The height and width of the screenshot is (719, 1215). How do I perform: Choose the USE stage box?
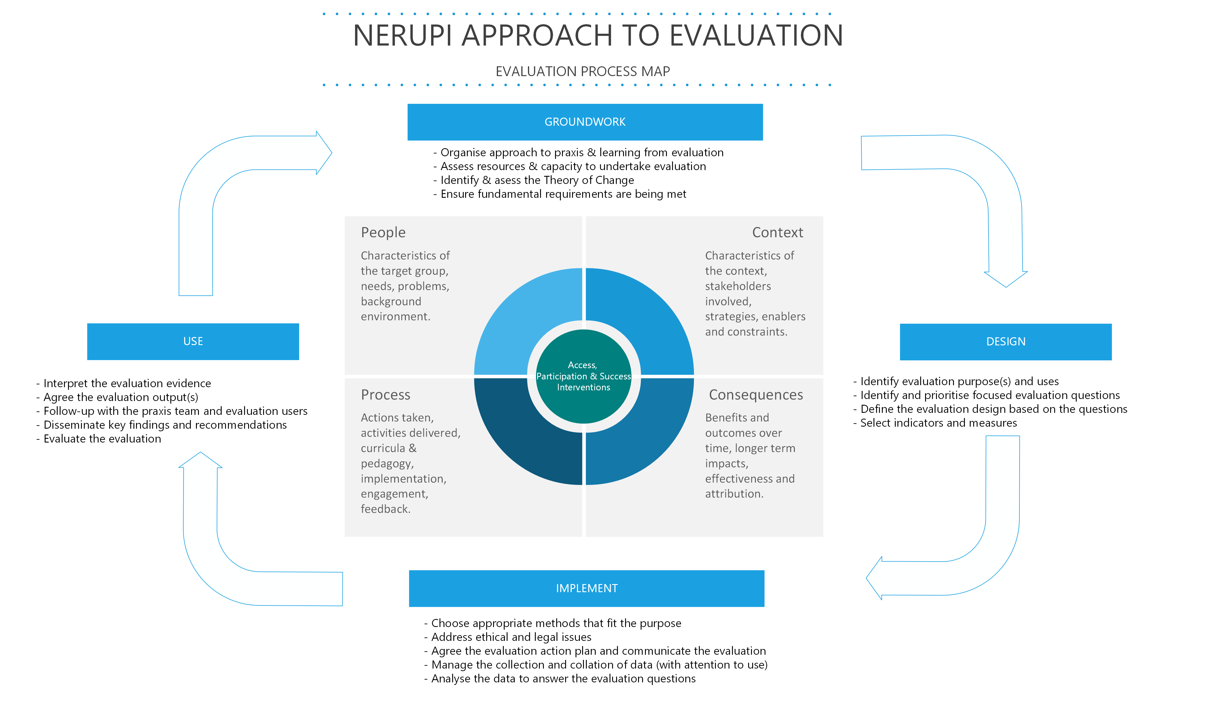coord(193,341)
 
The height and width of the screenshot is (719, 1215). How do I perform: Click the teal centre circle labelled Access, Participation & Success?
coord(584,377)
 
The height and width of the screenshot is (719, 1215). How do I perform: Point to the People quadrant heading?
coord(383,233)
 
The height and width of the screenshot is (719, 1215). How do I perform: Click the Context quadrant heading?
coord(777,233)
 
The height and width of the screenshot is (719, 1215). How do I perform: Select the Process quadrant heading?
coord(386,395)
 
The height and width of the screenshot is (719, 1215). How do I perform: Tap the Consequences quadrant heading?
coord(755,395)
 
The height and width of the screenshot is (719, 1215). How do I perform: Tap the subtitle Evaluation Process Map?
coord(582,72)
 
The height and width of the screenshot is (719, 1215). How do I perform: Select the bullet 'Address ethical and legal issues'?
coord(511,637)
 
